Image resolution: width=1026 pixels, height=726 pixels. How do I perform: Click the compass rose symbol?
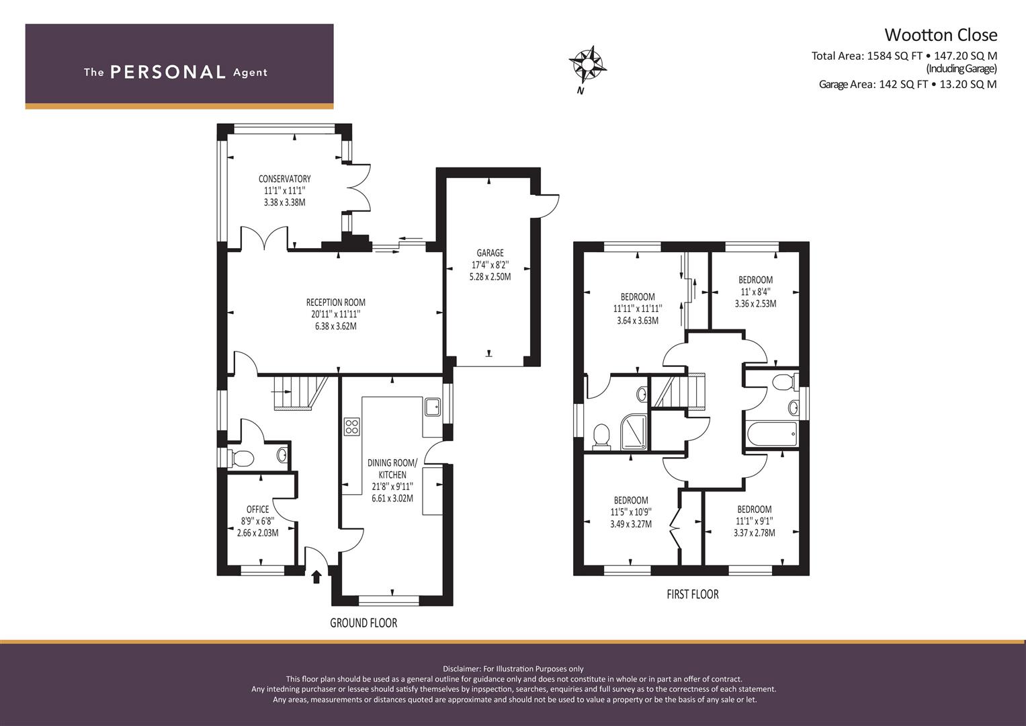[x=588, y=66]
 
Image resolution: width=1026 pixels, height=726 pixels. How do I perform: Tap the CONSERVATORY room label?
[x=284, y=179]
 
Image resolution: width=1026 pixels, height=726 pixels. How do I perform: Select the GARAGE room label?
[x=490, y=253]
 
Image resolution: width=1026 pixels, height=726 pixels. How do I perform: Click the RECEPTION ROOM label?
[x=336, y=302]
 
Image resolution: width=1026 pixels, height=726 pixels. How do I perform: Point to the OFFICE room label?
[x=258, y=510]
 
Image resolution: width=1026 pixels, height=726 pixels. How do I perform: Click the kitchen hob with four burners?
[x=352, y=426]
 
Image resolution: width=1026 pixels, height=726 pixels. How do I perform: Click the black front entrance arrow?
[x=316, y=577]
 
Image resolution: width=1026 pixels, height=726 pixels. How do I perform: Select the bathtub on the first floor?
[x=772, y=434]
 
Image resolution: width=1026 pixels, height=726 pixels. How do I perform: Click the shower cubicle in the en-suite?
[x=634, y=432]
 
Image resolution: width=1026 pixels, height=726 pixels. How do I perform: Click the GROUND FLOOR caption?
[x=364, y=623]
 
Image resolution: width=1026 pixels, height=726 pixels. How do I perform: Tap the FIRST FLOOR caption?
[x=693, y=594]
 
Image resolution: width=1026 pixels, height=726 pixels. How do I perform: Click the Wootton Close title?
[x=941, y=35]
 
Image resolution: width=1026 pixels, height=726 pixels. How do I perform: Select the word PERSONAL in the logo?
[x=168, y=72]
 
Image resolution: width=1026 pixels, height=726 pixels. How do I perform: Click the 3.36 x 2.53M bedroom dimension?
[x=755, y=303]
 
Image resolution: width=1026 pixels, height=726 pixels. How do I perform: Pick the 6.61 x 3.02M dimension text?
[x=392, y=498]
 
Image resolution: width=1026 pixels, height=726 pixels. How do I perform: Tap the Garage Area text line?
[x=908, y=84]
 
